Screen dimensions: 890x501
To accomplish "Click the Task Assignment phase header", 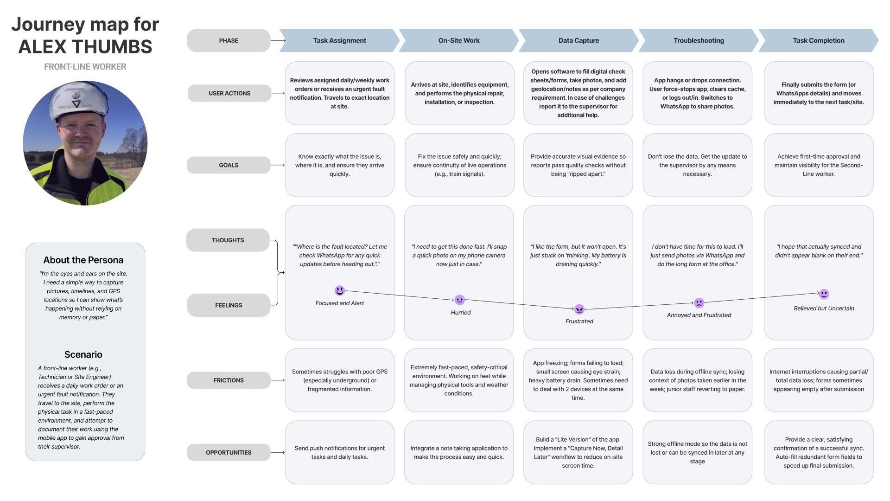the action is tap(340, 40).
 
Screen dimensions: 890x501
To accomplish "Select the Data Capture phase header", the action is tap(578, 40).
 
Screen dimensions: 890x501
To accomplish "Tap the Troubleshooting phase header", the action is tap(699, 40).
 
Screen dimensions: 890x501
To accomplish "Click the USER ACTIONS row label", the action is tap(229, 93).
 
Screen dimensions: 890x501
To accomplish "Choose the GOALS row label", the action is tap(229, 165).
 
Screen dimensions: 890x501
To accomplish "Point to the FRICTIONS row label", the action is tap(229, 380).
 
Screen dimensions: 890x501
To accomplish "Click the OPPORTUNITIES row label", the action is tap(229, 452).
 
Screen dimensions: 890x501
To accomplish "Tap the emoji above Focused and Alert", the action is tap(340, 290).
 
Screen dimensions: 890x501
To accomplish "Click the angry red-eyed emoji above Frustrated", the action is tap(579, 309).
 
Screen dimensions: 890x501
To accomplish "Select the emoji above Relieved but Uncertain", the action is tap(824, 294).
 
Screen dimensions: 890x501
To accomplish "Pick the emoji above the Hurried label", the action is tap(459, 300).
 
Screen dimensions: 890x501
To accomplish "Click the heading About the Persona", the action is tap(83, 260).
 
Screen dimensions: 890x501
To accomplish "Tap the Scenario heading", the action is tap(83, 354).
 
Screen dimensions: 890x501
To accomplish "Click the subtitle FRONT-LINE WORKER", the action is tap(85, 67).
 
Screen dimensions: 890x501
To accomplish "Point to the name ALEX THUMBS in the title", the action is tap(85, 47).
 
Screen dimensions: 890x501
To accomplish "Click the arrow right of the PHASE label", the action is tap(278, 40).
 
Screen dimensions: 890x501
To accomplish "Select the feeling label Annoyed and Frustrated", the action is tap(699, 315).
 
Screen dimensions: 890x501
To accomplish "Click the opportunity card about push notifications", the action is tap(340, 452).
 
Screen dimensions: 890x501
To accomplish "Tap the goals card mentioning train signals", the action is tap(459, 165).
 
